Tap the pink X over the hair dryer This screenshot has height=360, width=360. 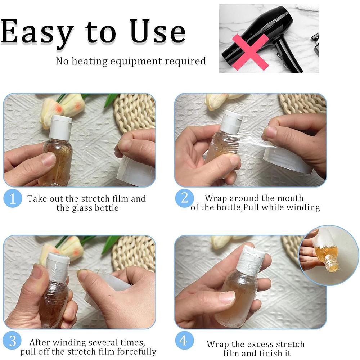coord(251,52)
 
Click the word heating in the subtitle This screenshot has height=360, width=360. coord(89,61)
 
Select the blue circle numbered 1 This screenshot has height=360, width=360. coord(13,198)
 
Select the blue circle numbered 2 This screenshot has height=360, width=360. coord(184,198)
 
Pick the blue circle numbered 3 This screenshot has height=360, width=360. coord(12,341)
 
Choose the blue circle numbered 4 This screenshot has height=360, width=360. coord(184,341)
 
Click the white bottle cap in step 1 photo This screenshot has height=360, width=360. coord(60,127)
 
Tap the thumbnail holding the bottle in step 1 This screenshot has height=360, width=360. coord(49,159)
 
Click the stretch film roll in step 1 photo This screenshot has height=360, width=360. coord(136,170)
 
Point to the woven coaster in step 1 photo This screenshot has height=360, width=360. coord(135,112)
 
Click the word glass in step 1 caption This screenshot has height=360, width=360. coord(80,208)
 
